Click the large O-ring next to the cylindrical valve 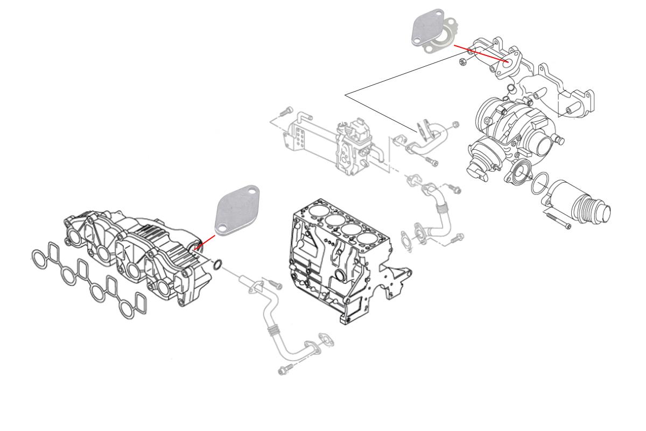tap(540, 185)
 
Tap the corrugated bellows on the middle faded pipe tap(441, 204)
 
